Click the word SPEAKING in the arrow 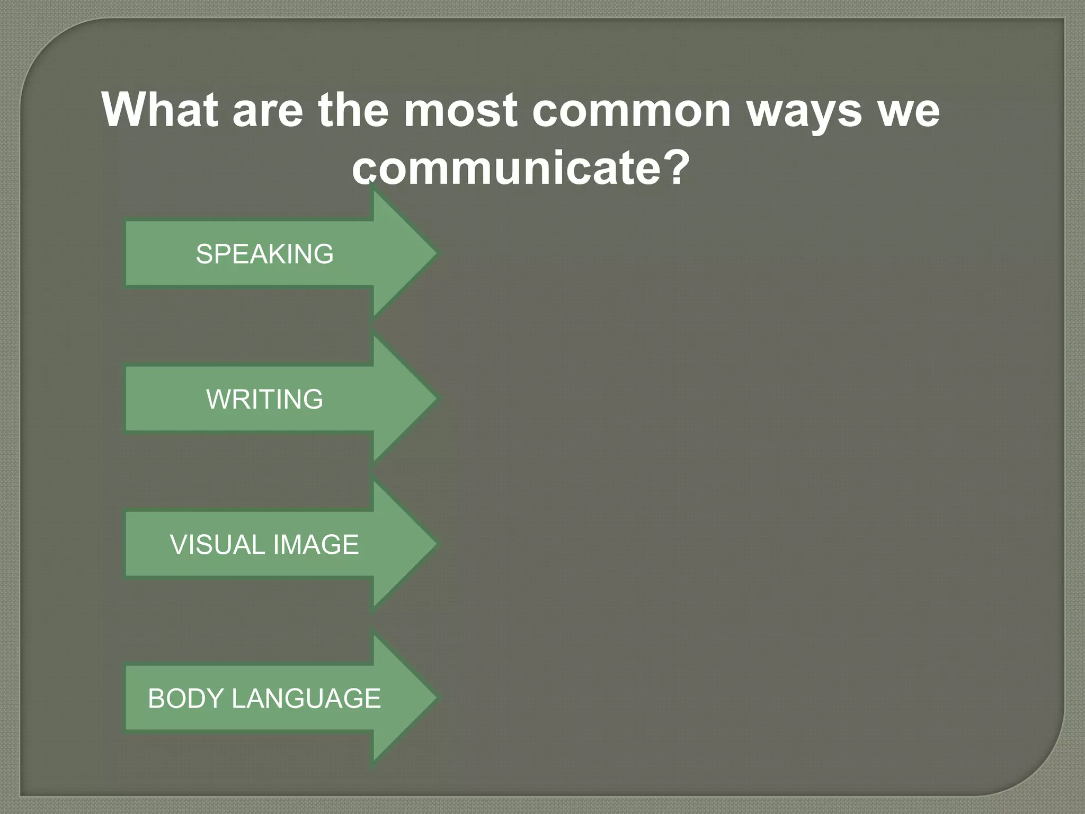click(x=264, y=254)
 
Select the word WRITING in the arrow click(x=264, y=399)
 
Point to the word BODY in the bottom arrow click(x=185, y=698)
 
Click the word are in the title click(x=268, y=111)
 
